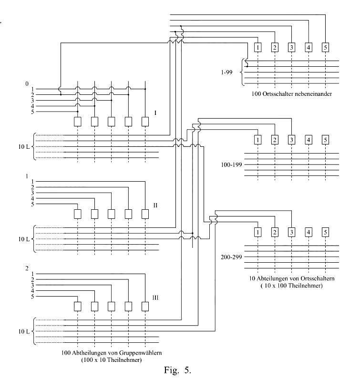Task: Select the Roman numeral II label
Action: click(x=156, y=205)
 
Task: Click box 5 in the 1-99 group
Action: click(x=325, y=47)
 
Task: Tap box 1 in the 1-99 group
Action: click(x=257, y=47)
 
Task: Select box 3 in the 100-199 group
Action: click(x=291, y=140)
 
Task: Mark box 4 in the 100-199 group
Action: click(x=309, y=140)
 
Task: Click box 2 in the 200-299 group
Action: click(x=275, y=232)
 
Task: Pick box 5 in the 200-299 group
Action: click(x=325, y=232)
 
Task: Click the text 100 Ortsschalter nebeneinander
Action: click(x=291, y=94)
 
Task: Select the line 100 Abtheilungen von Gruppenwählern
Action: click(x=111, y=353)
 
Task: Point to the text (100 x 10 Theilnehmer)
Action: click(x=111, y=360)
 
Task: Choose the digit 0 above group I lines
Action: click(x=27, y=84)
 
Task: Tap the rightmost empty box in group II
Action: click(x=145, y=213)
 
